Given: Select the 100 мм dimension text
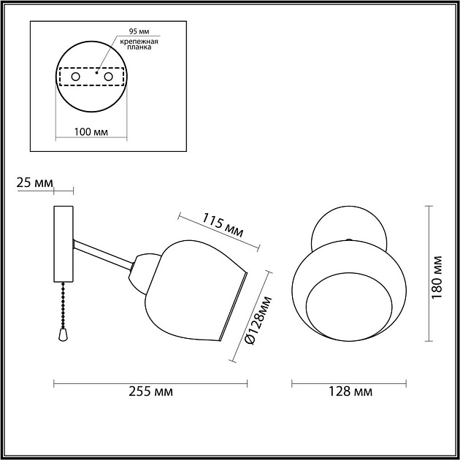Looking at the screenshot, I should (92, 133).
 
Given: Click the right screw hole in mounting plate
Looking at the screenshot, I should (109, 77).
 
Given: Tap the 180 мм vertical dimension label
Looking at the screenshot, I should (437, 272).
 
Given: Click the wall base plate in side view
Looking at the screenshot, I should (63, 245).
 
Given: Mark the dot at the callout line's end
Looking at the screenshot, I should (97, 72).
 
